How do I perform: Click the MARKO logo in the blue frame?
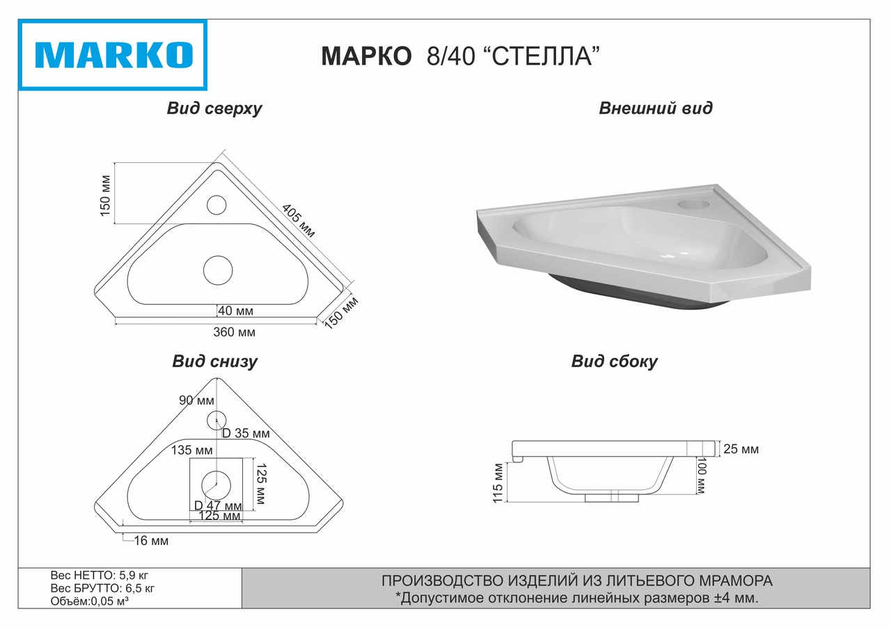coord(113,55)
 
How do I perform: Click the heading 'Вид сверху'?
coord(214,109)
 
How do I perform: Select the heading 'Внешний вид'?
coord(655,109)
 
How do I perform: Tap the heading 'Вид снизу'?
coord(214,362)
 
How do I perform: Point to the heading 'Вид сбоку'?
coord(614,362)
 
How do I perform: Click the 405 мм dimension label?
coord(299,222)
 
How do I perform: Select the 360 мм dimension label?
coord(234,332)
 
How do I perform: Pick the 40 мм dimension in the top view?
coord(235,310)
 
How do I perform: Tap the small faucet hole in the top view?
coord(216,205)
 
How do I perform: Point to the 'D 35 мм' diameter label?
coord(245,434)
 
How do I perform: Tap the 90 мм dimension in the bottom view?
coord(196,400)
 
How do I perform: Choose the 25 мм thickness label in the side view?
coord(741,450)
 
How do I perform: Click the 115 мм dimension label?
coord(497,482)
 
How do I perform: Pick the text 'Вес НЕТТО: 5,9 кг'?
coord(100,576)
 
